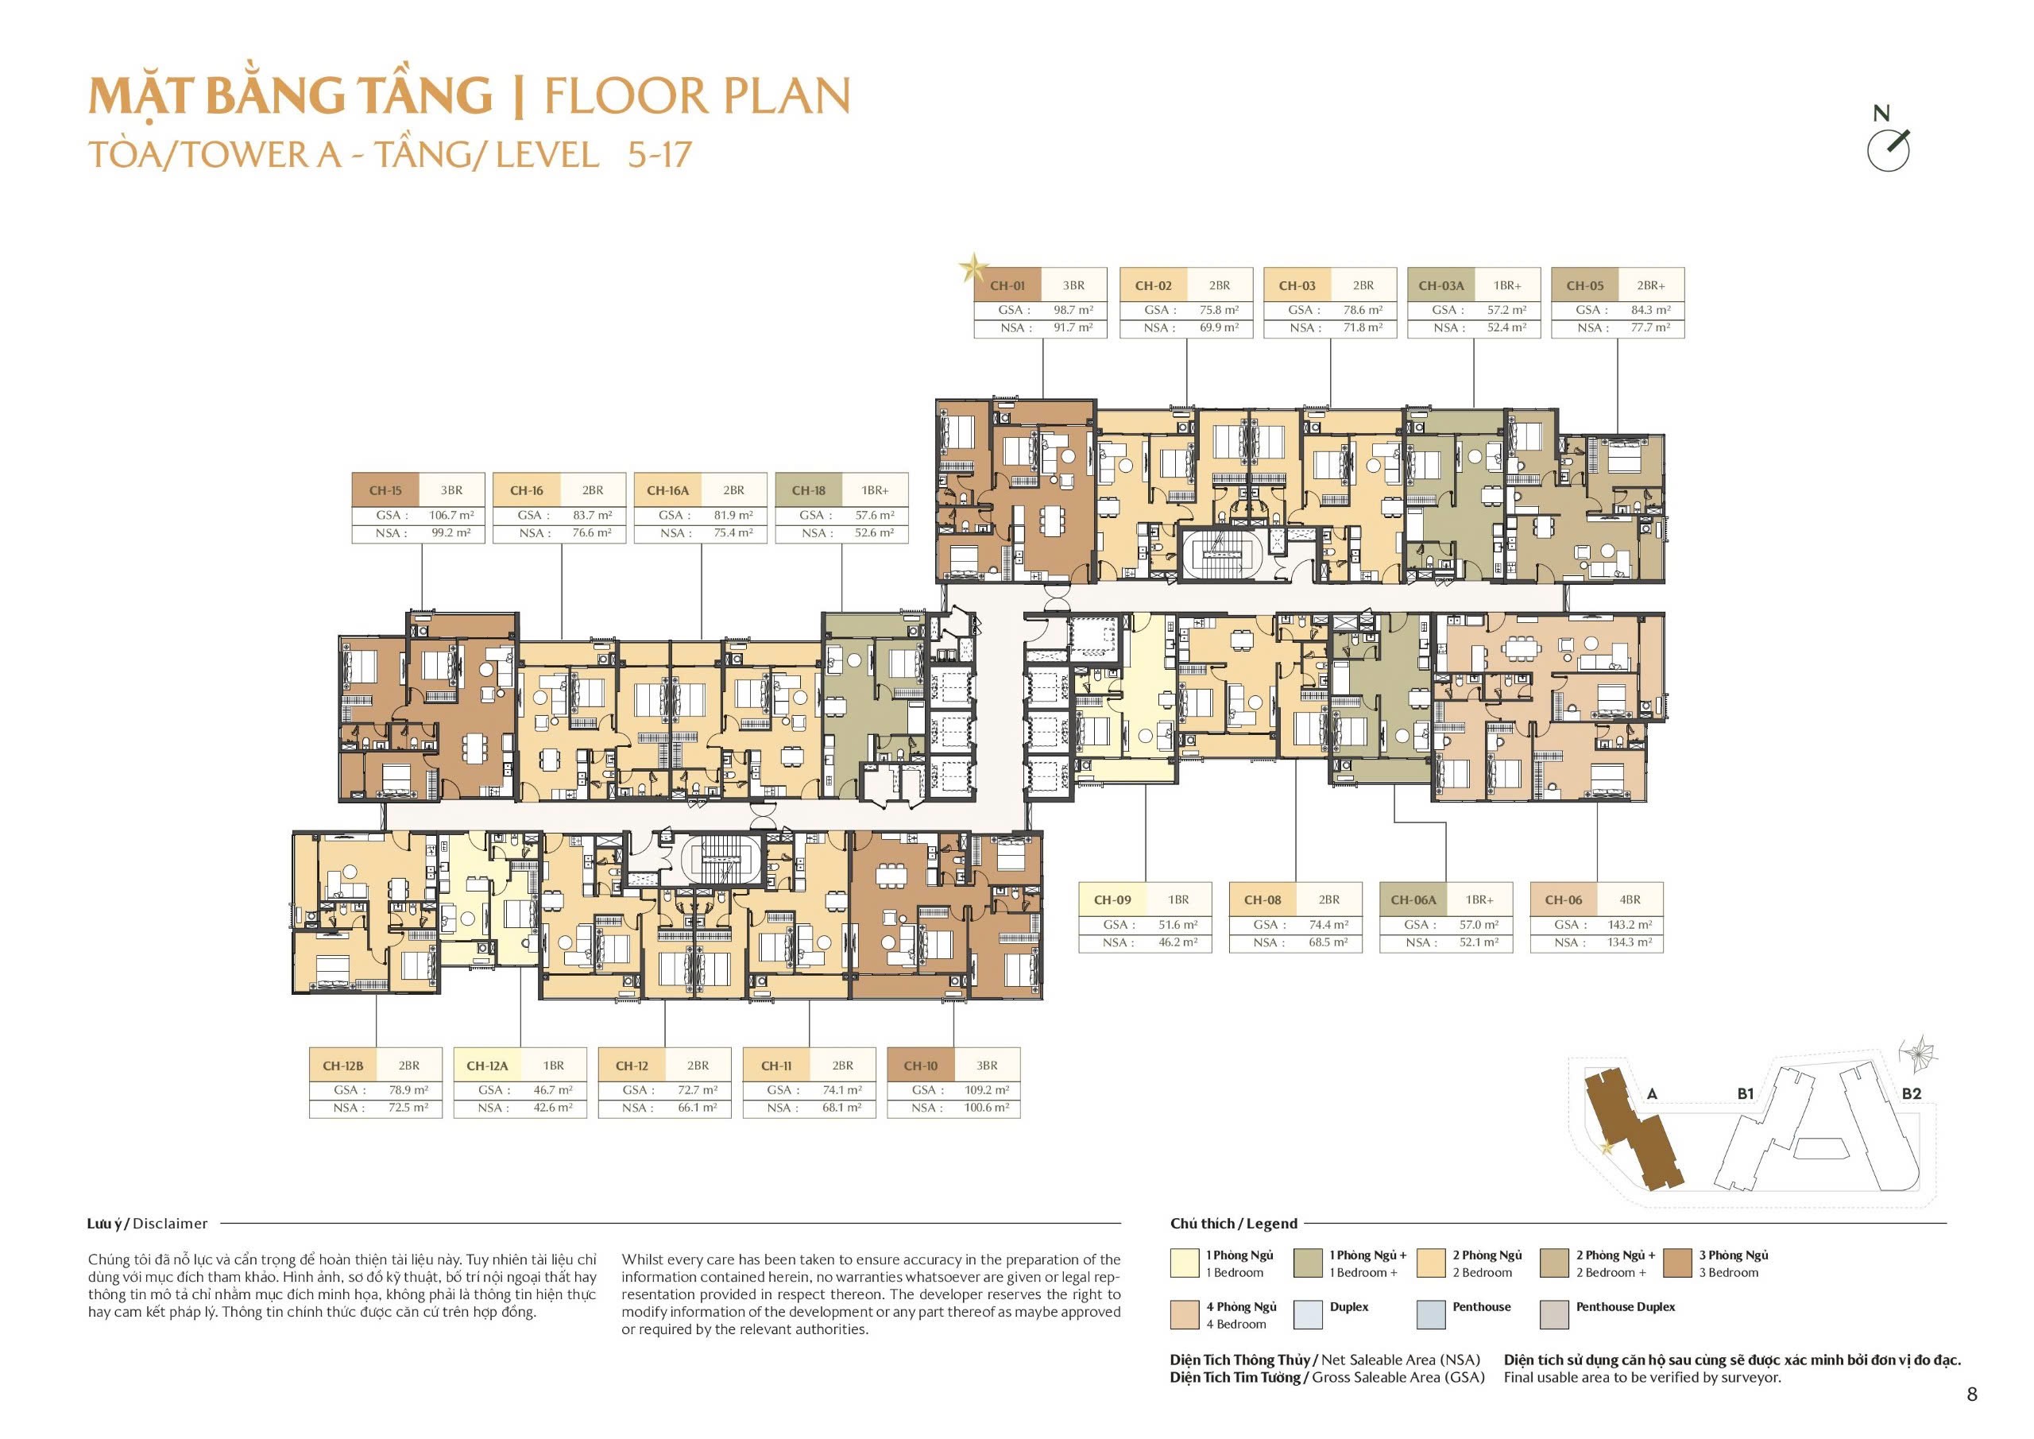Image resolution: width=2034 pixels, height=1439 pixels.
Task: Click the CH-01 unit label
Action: tap(1007, 285)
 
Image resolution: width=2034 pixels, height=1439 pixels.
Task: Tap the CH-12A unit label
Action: tap(487, 1066)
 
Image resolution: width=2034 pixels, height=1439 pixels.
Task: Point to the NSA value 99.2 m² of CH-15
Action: tap(451, 532)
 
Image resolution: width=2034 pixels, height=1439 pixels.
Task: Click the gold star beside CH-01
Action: tap(973, 267)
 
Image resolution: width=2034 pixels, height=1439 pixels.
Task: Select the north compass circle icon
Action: tap(1888, 152)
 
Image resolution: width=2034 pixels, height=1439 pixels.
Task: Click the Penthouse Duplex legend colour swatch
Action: tap(1555, 1315)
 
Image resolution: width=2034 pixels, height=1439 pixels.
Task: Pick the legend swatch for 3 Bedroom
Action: tap(1678, 1263)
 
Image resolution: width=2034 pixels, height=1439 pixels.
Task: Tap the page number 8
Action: tap(1972, 1395)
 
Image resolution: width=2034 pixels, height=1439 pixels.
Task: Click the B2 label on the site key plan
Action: tap(1911, 1093)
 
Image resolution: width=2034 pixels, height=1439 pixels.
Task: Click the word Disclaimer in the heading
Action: tap(170, 1224)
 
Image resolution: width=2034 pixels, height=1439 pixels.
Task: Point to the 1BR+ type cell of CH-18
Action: tap(874, 490)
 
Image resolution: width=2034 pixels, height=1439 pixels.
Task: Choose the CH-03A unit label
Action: tap(1441, 285)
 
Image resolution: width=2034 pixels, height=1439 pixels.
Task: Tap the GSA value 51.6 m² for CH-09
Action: tap(1177, 924)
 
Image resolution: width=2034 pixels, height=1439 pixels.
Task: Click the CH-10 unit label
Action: tap(920, 1066)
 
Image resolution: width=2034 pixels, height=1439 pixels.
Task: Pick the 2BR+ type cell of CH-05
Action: tap(1650, 285)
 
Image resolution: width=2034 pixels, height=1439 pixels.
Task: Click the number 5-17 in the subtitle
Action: tap(659, 155)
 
